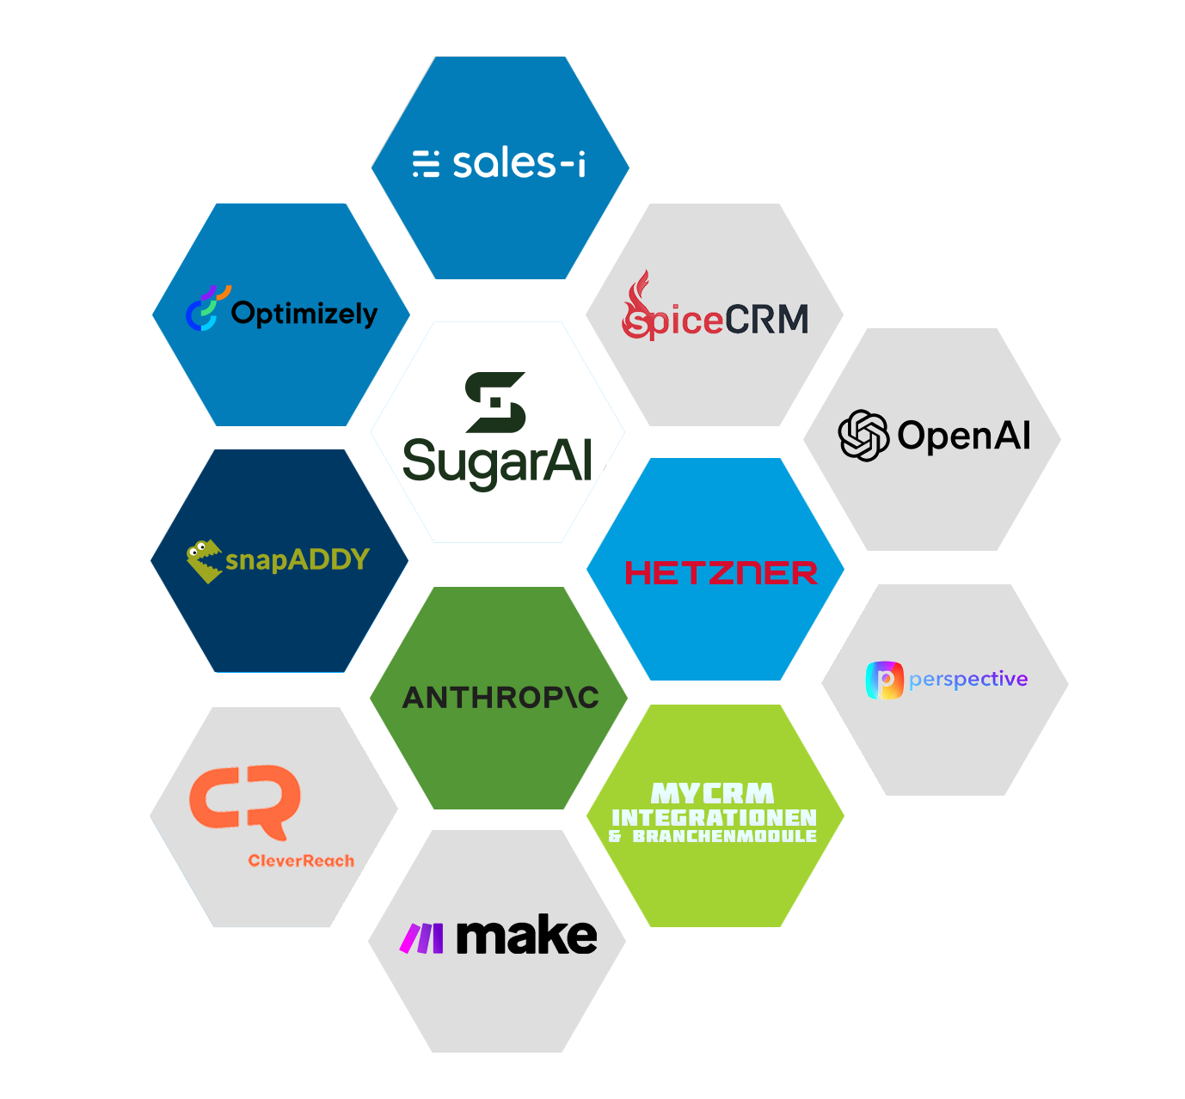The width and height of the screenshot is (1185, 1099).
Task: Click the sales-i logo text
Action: coord(519,162)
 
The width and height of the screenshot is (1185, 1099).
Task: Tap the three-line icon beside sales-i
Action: coord(426,163)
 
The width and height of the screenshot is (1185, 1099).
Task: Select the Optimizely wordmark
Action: coord(304,314)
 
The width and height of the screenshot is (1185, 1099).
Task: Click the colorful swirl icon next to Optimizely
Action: coord(207,308)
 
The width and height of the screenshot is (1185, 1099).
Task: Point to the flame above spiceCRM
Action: coord(638,291)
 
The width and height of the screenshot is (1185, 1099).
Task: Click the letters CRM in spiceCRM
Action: coord(767,319)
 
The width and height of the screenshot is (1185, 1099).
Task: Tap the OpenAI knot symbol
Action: coord(863,436)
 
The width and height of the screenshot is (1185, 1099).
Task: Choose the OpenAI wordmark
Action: coord(964,436)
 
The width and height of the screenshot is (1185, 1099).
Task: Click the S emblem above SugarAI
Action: coord(495,402)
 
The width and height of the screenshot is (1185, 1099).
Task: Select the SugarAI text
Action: coord(498,463)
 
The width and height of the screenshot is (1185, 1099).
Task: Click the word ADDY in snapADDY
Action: coord(328,559)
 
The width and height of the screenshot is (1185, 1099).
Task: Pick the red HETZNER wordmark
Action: coord(721,572)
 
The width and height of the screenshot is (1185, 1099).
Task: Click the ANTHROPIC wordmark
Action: coord(500,698)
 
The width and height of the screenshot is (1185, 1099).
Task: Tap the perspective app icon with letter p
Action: coord(884,680)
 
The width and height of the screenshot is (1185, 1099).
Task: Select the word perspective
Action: coord(968,679)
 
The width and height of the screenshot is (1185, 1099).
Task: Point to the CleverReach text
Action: coord(301,860)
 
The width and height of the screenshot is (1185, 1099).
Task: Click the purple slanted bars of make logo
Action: coord(421,938)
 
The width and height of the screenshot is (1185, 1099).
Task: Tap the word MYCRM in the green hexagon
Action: coord(712,793)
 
